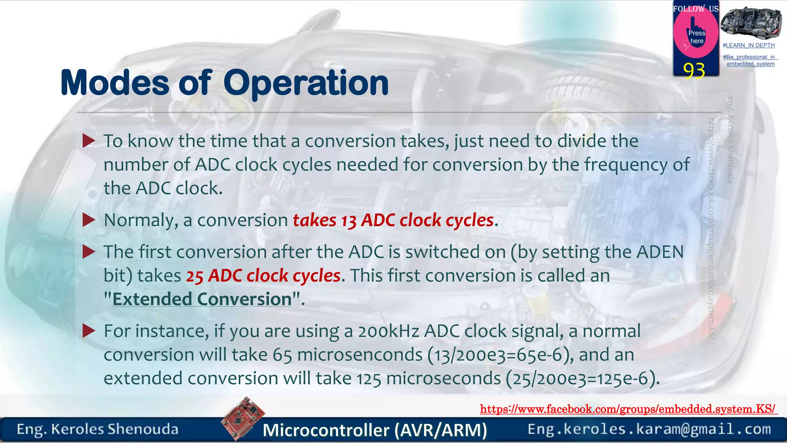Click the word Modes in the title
tap(115, 83)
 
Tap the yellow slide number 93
tap(694, 71)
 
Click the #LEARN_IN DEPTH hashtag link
tap(749, 45)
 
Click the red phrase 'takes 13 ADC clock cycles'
tap(393, 220)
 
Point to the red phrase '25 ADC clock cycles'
tap(263, 276)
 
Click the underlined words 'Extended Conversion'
tap(202, 299)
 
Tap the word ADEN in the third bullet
tap(660, 252)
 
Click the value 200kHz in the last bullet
tap(388, 331)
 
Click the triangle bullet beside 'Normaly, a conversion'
tap(89, 220)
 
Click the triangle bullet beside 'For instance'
tap(89, 331)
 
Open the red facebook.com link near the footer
tap(628, 409)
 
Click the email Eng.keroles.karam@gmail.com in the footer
tap(649, 429)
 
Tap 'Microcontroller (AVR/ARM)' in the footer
tap(375, 430)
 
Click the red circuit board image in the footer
tap(243, 418)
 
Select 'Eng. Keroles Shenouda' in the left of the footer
tap(98, 429)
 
